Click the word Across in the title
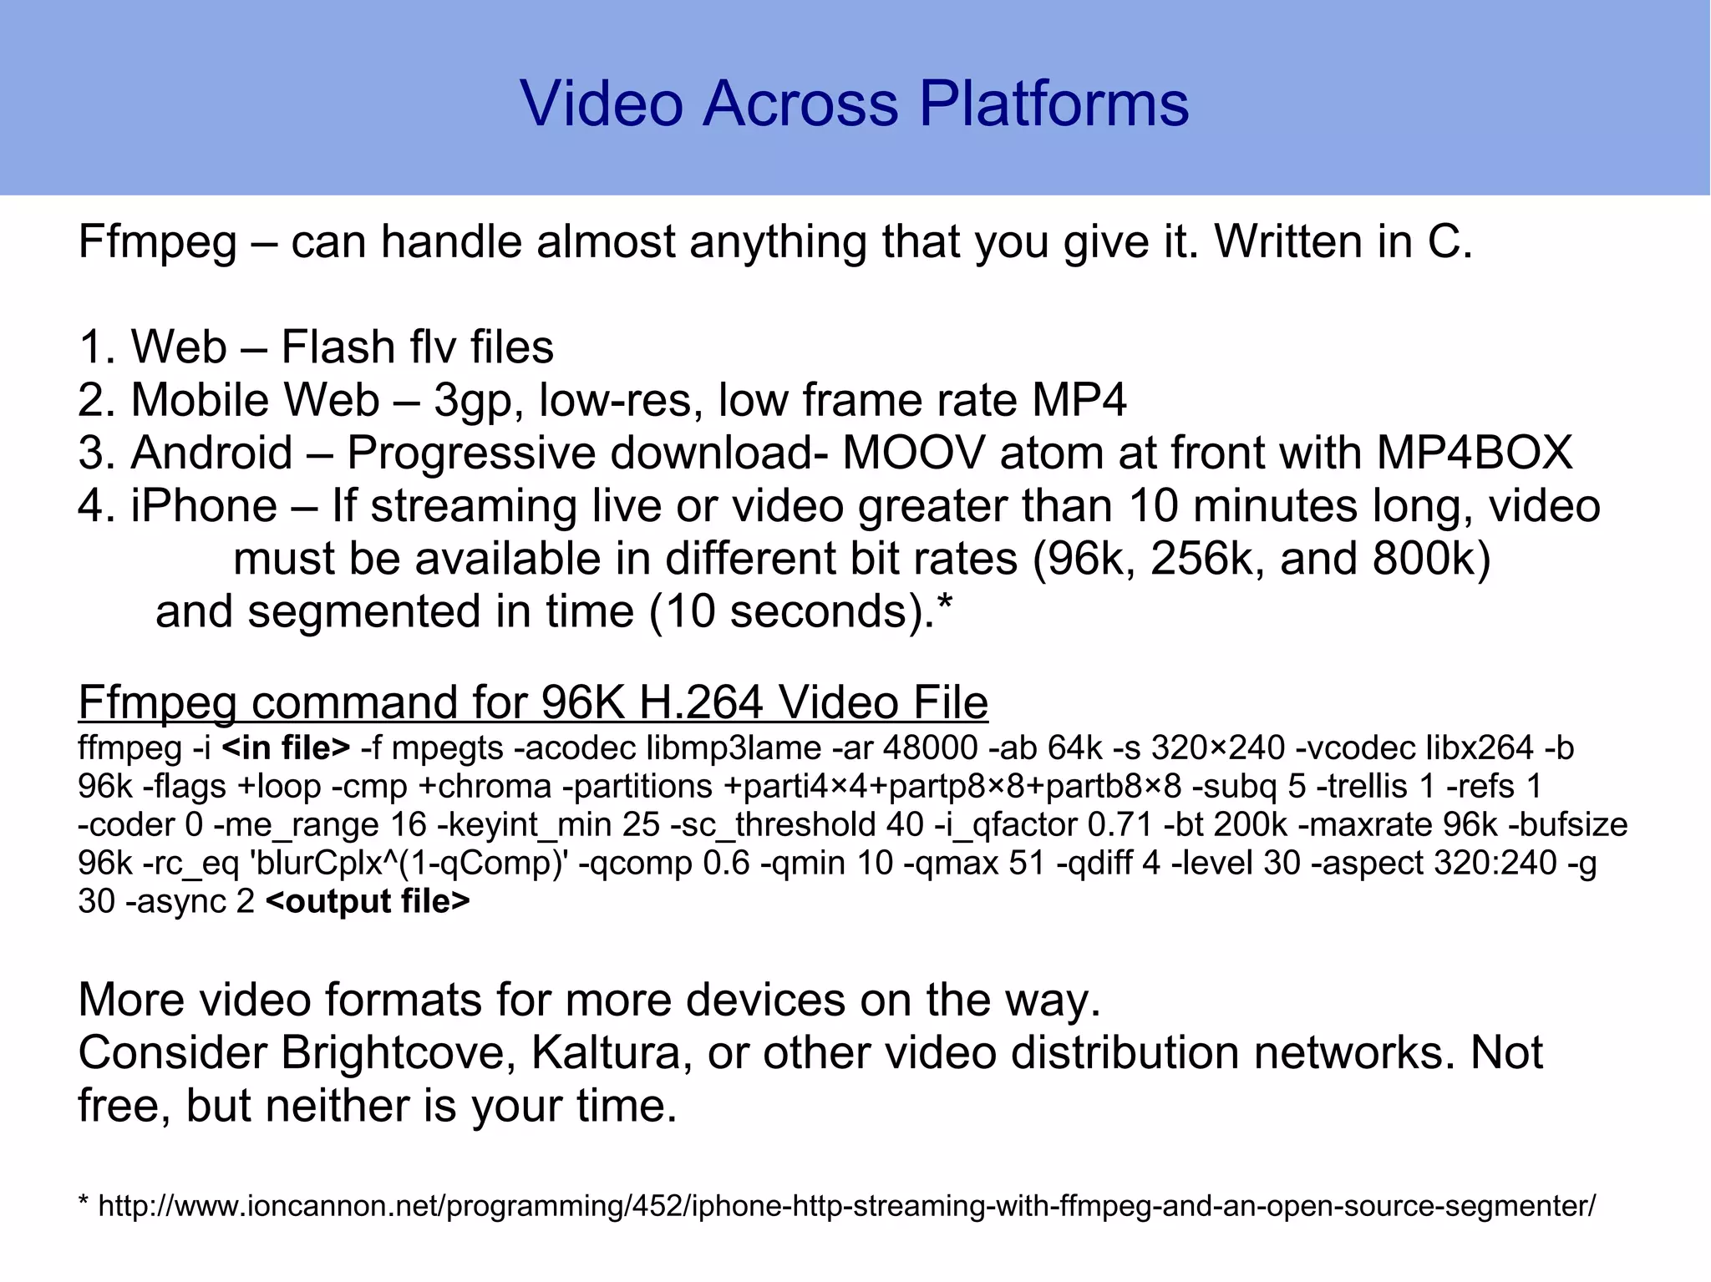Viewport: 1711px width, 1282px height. tap(800, 104)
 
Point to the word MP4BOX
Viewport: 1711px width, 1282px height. tap(1475, 453)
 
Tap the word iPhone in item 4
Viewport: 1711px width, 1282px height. tap(204, 506)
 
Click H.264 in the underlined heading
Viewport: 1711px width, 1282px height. tap(700, 702)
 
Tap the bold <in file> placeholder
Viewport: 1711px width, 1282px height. tap(286, 747)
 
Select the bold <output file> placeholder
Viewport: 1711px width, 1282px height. tap(368, 901)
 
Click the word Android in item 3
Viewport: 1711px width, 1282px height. tap(211, 453)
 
